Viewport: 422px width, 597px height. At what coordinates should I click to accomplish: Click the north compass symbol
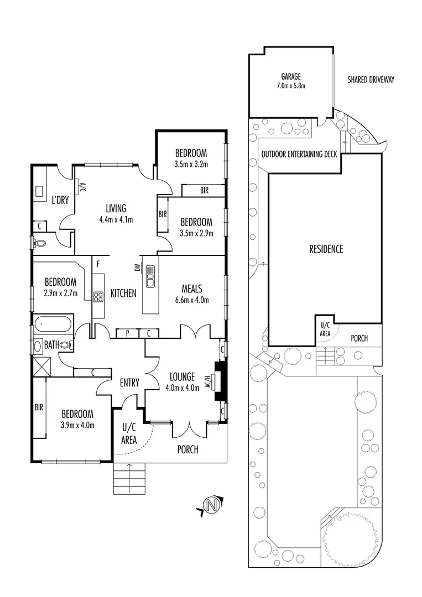pyautogui.click(x=210, y=505)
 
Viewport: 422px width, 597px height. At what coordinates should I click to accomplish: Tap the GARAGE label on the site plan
pyautogui.click(x=291, y=77)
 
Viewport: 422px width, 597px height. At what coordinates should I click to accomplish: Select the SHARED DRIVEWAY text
pyautogui.click(x=371, y=80)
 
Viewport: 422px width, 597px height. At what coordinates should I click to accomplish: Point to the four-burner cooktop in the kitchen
pyautogui.click(x=98, y=297)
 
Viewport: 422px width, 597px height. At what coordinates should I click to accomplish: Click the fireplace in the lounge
pyautogui.click(x=221, y=381)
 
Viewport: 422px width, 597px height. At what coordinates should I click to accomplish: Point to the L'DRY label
pyautogui.click(x=60, y=200)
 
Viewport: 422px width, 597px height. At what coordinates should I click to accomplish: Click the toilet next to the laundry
pyautogui.click(x=40, y=242)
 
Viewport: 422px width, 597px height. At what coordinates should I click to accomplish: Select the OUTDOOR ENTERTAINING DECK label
pyautogui.click(x=299, y=155)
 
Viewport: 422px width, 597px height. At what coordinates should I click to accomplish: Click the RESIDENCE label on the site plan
pyautogui.click(x=326, y=249)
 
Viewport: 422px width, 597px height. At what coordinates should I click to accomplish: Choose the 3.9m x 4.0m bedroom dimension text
pyautogui.click(x=77, y=425)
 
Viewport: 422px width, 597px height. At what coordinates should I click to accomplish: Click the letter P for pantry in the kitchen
pyautogui.click(x=127, y=333)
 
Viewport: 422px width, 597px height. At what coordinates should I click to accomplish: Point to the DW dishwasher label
pyautogui.click(x=136, y=268)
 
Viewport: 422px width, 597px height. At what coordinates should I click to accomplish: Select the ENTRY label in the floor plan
pyautogui.click(x=129, y=383)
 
